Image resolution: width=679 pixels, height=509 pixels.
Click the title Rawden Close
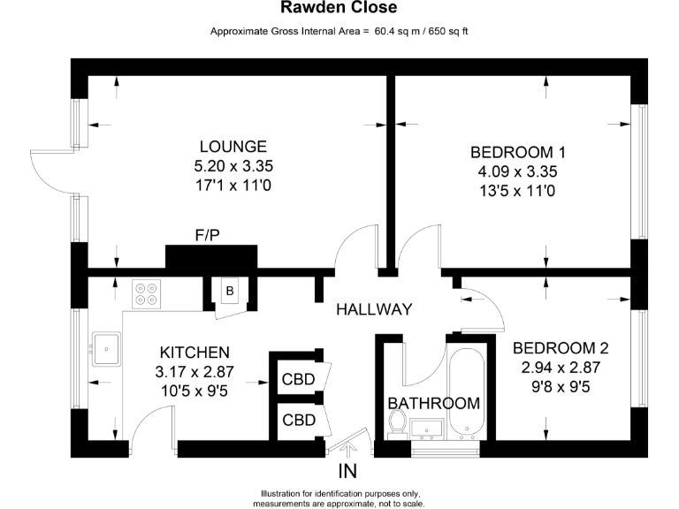click(339, 8)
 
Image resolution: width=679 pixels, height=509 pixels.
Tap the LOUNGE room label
click(233, 147)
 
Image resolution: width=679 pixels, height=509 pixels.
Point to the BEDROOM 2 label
click(560, 347)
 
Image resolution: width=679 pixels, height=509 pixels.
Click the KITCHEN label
click(195, 352)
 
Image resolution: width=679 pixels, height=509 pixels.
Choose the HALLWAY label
click(374, 309)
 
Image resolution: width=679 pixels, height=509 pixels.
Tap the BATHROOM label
click(434, 403)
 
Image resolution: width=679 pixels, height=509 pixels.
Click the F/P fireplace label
click(209, 235)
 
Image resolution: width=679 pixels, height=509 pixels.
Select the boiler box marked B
click(229, 291)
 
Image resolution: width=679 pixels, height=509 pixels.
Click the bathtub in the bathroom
click(465, 392)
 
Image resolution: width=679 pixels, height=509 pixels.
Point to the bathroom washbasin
click(427, 429)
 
